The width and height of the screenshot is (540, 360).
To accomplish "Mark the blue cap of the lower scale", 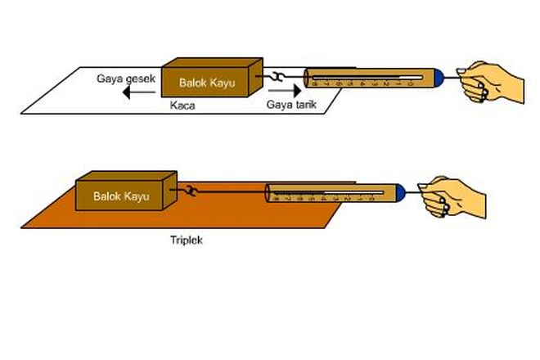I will (399, 193).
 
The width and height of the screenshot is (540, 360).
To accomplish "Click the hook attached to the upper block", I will (278, 78).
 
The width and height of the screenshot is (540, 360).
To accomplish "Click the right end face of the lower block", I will (170, 191).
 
